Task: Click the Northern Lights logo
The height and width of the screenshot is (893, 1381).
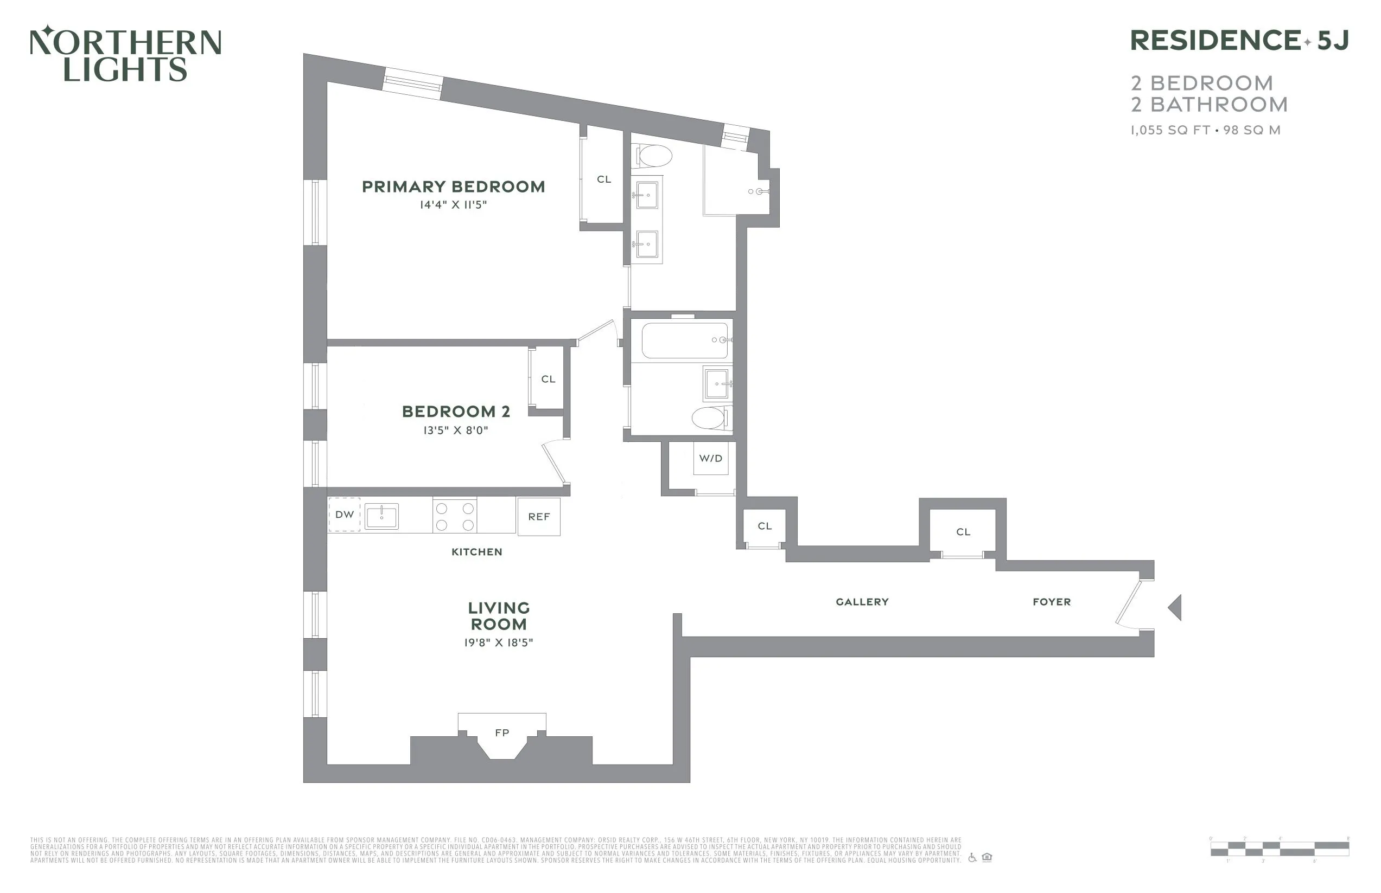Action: pyautogui.click(x=125, y=53)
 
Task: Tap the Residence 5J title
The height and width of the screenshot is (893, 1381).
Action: pyautogui.click(x=1238, y=41)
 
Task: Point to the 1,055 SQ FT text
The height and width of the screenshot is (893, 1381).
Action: pyautogui.click(x=1169, y=131)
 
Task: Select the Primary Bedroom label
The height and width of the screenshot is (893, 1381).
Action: pyautogui.click(x=453, y=187)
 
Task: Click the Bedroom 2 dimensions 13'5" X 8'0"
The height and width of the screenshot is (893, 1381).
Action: pyautogui.click(x=455, y=431)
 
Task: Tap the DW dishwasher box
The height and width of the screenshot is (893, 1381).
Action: pyautogui.click(x=345, y=515)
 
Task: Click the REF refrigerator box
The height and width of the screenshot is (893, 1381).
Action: pyautogui.click(x=538, y=517)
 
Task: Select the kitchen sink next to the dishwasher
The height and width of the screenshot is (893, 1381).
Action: pyautogui.click(x=381, y=516)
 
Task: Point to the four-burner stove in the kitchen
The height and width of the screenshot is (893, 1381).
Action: pyautogui.click(x=455, y=516)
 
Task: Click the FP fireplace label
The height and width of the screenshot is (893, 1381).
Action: pyautogui.click(x=502, y=733)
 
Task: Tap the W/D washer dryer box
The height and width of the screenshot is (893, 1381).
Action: pyautogui.click(x=711, y=458)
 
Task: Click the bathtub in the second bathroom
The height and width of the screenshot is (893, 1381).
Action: pyautogui.click(x=685, y=341)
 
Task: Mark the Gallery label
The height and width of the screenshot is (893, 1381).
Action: pyautogui.click(x=862, y=602)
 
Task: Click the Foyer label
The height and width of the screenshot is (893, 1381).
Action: pyautogui.click(x=1052, y=602)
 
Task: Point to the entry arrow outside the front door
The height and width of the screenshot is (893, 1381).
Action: pyautogui.click(x=1175, y=608)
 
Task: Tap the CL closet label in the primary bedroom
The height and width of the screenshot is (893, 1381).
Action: pyautogui.click(x=604, y=179)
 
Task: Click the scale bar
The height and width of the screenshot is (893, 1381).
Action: pyautogui.click(x=1279, y=849)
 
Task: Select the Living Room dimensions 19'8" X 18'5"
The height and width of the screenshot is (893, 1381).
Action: pyautogui.click(x=498, y=643)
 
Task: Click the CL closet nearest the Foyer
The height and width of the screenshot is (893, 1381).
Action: pyautogui.click(x=963, y=532)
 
